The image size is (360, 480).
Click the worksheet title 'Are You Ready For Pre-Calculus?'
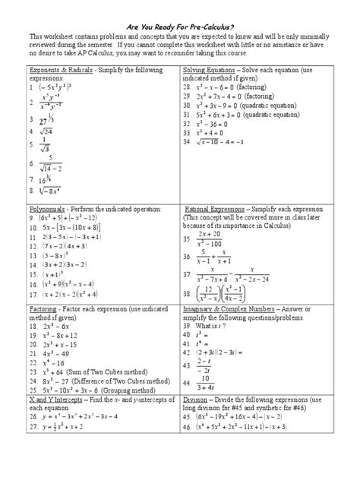click(x=179, y=24)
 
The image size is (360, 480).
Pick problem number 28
click(x=187, y=87)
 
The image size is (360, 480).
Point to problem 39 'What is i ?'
click(x=210, y=324)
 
